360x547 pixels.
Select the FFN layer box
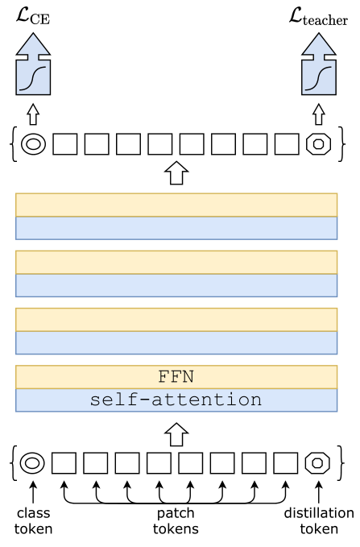coord(176,377)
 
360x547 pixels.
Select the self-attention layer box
coord(176,400)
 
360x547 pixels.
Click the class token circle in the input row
coord(32,463)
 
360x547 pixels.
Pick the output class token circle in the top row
coord(33,144)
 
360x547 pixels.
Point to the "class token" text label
coord(33,520)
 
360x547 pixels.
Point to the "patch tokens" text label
coord(176,520)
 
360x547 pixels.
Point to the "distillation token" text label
coord(318,520)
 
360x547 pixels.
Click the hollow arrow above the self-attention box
coord(176,435)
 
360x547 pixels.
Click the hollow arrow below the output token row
coord(176,172)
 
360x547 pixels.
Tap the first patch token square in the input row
coord(64,463)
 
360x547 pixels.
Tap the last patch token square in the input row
coord(286,463)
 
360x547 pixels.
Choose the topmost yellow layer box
coord(176,205)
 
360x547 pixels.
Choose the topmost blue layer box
coord(176,228)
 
